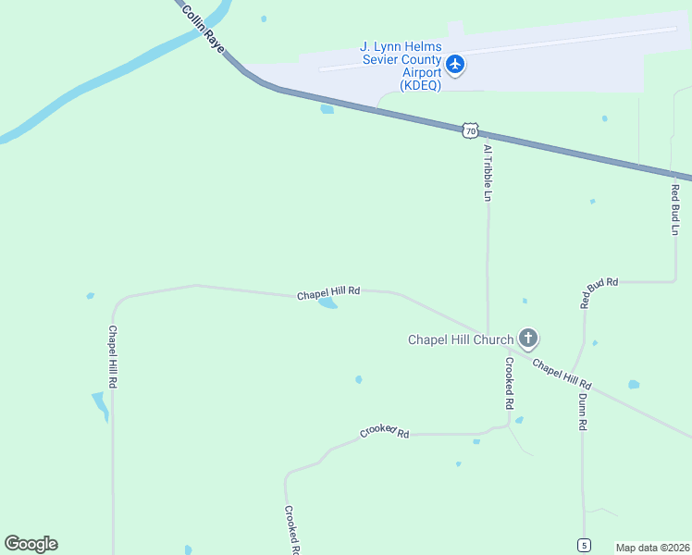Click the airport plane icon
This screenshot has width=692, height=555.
point(454,64)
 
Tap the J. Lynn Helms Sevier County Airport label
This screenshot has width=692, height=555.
point(401,66)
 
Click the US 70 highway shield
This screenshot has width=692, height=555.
point(471,129)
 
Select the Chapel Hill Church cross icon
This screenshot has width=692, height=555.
point(528,339)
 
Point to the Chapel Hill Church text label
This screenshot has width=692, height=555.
point(460,339)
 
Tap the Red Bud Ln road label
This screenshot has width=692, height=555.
point(675,209)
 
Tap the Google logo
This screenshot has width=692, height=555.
point(31,544)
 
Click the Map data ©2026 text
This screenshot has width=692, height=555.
point(652,547)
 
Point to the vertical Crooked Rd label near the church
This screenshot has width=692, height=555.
point(509,384)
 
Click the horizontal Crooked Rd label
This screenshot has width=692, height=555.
point(384,432)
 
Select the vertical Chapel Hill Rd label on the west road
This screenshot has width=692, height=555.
point(113,356)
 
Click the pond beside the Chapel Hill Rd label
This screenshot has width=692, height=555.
point(327,302)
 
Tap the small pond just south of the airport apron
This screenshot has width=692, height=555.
point(327,109)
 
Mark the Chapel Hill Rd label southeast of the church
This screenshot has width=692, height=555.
point(562,374)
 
